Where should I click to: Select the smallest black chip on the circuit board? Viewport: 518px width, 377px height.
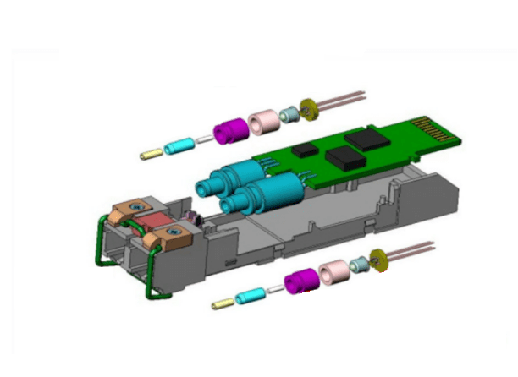306,145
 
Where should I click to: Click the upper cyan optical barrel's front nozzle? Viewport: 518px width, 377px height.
206,182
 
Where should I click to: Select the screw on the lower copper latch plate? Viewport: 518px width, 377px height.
172,231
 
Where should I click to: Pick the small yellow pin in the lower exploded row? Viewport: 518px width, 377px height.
223,303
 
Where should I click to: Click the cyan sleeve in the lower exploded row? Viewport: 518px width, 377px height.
251,295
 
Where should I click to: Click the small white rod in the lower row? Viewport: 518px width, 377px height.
276,288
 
